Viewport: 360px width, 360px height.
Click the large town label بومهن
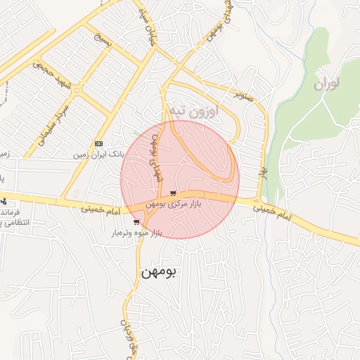(x=161, y=271)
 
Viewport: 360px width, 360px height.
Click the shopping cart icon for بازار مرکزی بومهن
(x=173, y=193)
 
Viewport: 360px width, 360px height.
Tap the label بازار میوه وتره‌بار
(x=135, y=232)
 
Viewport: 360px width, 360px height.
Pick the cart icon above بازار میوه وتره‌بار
(x=136, y=222)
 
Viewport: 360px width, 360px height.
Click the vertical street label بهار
(x=263, y=174)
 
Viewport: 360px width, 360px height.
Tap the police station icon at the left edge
(x=3, y=201)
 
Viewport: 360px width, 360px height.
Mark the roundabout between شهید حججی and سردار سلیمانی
(x=77, y=90)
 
